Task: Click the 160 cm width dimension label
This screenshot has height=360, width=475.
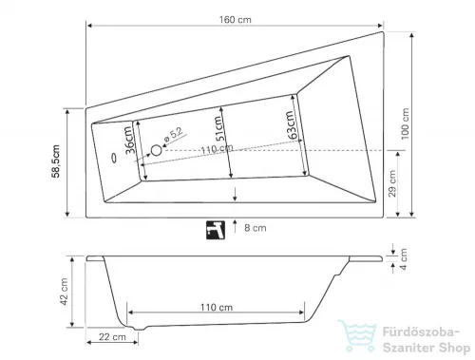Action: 236,20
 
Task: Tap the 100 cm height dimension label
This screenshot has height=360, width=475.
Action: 405,123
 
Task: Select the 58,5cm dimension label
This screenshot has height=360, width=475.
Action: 56,161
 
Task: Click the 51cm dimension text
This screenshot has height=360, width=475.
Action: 219,128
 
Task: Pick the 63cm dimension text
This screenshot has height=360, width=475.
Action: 292,124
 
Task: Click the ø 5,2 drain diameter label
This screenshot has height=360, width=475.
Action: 174,135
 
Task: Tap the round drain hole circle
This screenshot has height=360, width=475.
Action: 156,150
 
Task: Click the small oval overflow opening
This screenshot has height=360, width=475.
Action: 114,158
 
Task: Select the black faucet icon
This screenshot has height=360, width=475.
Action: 216,230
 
